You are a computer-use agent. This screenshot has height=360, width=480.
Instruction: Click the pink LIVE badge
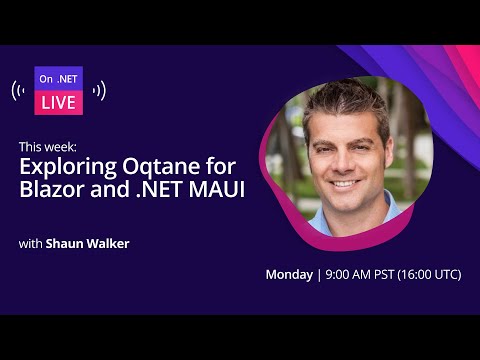coord(59,103)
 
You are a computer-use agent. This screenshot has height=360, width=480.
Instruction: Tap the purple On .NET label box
coord(59,78)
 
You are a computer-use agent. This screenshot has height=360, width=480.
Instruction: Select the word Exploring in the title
coord(61,167)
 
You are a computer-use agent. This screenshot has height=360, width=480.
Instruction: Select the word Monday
coord(289,274)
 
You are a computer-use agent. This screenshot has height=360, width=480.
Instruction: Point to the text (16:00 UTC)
coord(429,274)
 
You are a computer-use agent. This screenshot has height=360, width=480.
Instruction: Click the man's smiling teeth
coord(343,184)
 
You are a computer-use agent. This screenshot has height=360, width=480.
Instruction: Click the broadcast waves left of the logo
coord(19,91)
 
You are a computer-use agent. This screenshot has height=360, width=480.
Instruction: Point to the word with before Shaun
coord(31,242)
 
